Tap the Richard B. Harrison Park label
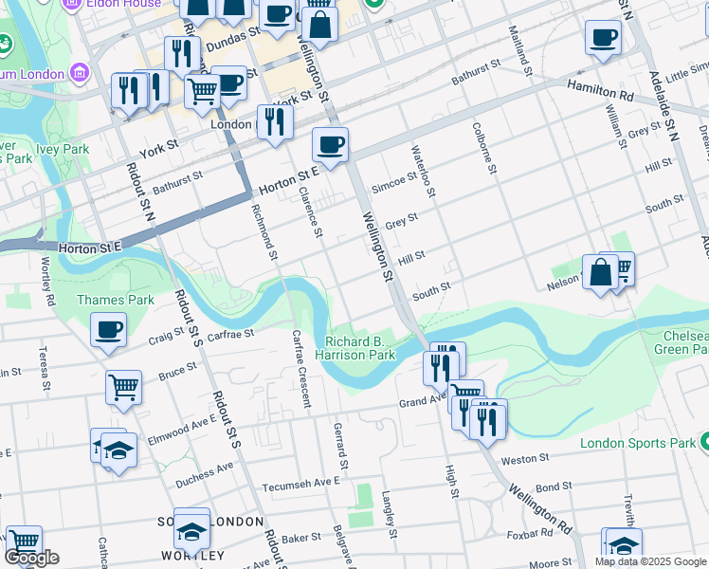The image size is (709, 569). [x=360, y=348]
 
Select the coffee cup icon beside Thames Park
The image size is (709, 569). [x=109, y=330]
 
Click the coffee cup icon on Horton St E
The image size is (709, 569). [x=330, y=145]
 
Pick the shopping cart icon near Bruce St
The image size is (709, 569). [x=123, y=388]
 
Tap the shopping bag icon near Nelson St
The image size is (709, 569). [x=600, y=272]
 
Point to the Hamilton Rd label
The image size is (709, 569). [x=600, y=91]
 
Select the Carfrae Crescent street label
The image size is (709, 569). [x=301, y=368]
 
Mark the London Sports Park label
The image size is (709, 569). [x=638, y=443]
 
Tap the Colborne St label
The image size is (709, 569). [x=481, y=147]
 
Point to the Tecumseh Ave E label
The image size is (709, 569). [x=297, y=483]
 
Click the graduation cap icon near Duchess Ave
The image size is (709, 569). [x=119, y=450]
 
